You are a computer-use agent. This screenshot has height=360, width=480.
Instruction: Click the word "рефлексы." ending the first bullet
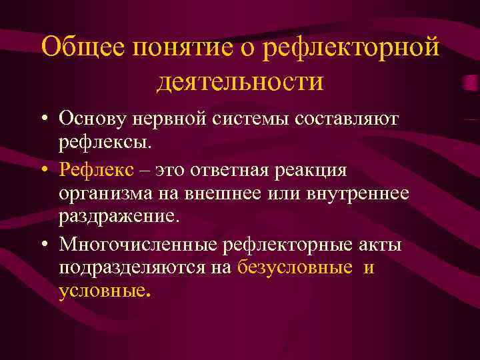[105, 142]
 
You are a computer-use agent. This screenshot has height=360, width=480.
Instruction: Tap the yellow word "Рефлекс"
[100, 169]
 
